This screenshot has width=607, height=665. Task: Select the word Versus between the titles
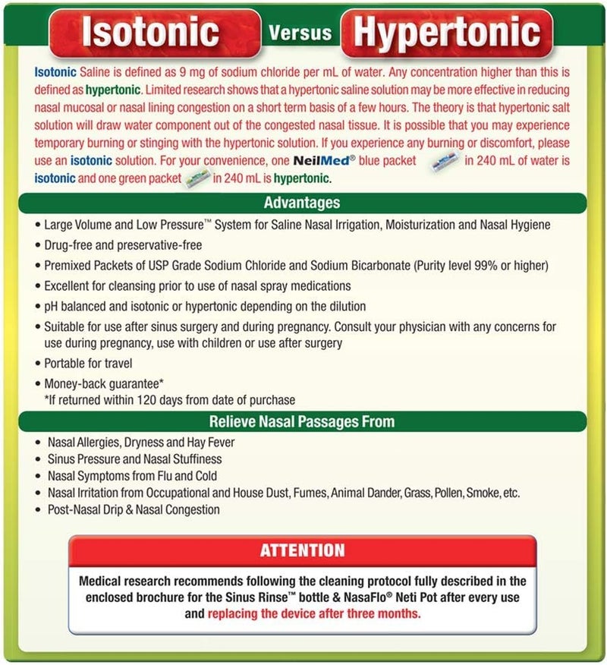pos(300,32)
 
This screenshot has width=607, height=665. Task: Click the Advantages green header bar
pos(302,203)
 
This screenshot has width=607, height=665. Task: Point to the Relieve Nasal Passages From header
pos(302,421)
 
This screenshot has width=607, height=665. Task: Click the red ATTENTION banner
pos(302,550)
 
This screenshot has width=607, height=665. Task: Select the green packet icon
pos(197,178)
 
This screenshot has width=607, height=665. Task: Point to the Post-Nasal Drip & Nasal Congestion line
pos(134,509)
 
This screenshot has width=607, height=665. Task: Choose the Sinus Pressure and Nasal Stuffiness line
pos(135,459)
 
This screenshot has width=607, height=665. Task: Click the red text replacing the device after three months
pos(314,613)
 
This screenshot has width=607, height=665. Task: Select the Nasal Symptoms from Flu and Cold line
pos(132,476)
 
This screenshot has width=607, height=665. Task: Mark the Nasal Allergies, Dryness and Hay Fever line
pos(141,442)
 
